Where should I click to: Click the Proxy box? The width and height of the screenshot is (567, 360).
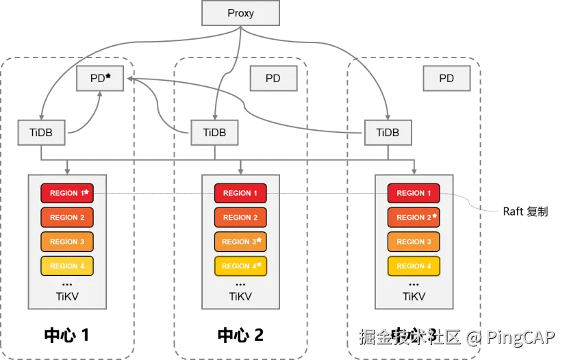240,14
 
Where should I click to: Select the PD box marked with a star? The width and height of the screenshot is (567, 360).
100,79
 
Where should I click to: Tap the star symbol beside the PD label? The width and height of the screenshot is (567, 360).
108,77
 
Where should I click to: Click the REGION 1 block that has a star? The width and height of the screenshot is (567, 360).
67,193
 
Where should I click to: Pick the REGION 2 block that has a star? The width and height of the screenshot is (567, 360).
414,218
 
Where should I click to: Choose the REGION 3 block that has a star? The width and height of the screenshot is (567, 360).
240,242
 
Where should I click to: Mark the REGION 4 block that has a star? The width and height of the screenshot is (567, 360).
240,266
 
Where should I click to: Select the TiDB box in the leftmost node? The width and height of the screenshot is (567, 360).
41,133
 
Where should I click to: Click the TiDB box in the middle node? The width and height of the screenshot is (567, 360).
214,133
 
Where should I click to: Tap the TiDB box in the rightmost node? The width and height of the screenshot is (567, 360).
388,133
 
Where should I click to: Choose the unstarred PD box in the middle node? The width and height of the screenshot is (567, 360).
273,79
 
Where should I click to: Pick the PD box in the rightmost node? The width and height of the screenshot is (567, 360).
446,79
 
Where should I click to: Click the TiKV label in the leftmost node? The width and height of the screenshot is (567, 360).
67,297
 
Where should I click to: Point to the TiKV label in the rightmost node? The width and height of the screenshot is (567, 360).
414,297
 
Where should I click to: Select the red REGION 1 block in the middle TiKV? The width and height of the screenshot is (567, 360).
240,193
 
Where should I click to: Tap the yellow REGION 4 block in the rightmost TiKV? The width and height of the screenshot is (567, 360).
414,266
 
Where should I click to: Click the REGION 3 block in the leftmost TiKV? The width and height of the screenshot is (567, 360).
67,242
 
